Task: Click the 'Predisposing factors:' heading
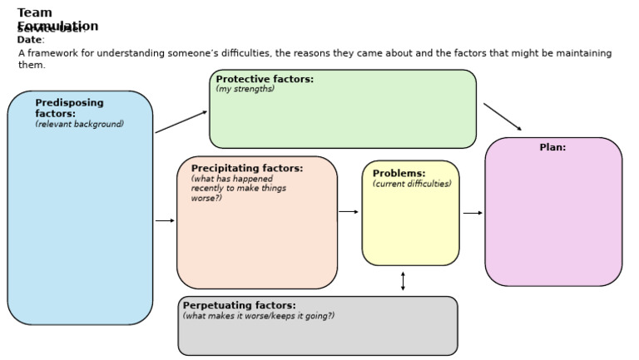click(69, 108)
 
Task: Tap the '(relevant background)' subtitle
click(79, 125)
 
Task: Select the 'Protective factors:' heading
click(265, 79)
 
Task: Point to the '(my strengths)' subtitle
click(245, 90)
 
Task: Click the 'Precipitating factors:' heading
click(247, 168)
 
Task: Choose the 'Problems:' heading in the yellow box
click(399, 174)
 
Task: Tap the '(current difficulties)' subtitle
click(412, 185)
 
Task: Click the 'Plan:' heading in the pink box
click(552, 147)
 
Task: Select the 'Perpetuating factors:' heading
click(239, 305)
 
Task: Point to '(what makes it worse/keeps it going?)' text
click(258, 316)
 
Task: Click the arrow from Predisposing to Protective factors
click(181, 122)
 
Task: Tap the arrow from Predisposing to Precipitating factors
click(165, 220)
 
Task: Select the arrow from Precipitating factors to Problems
click(349, 211)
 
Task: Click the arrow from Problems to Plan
click(473, 213)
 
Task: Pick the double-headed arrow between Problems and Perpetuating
click(403, 281)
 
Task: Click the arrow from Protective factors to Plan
click(503, 117)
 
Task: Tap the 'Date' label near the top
click(29, 40)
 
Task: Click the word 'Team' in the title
click(34, 12)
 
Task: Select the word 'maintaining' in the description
click(582, 53)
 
